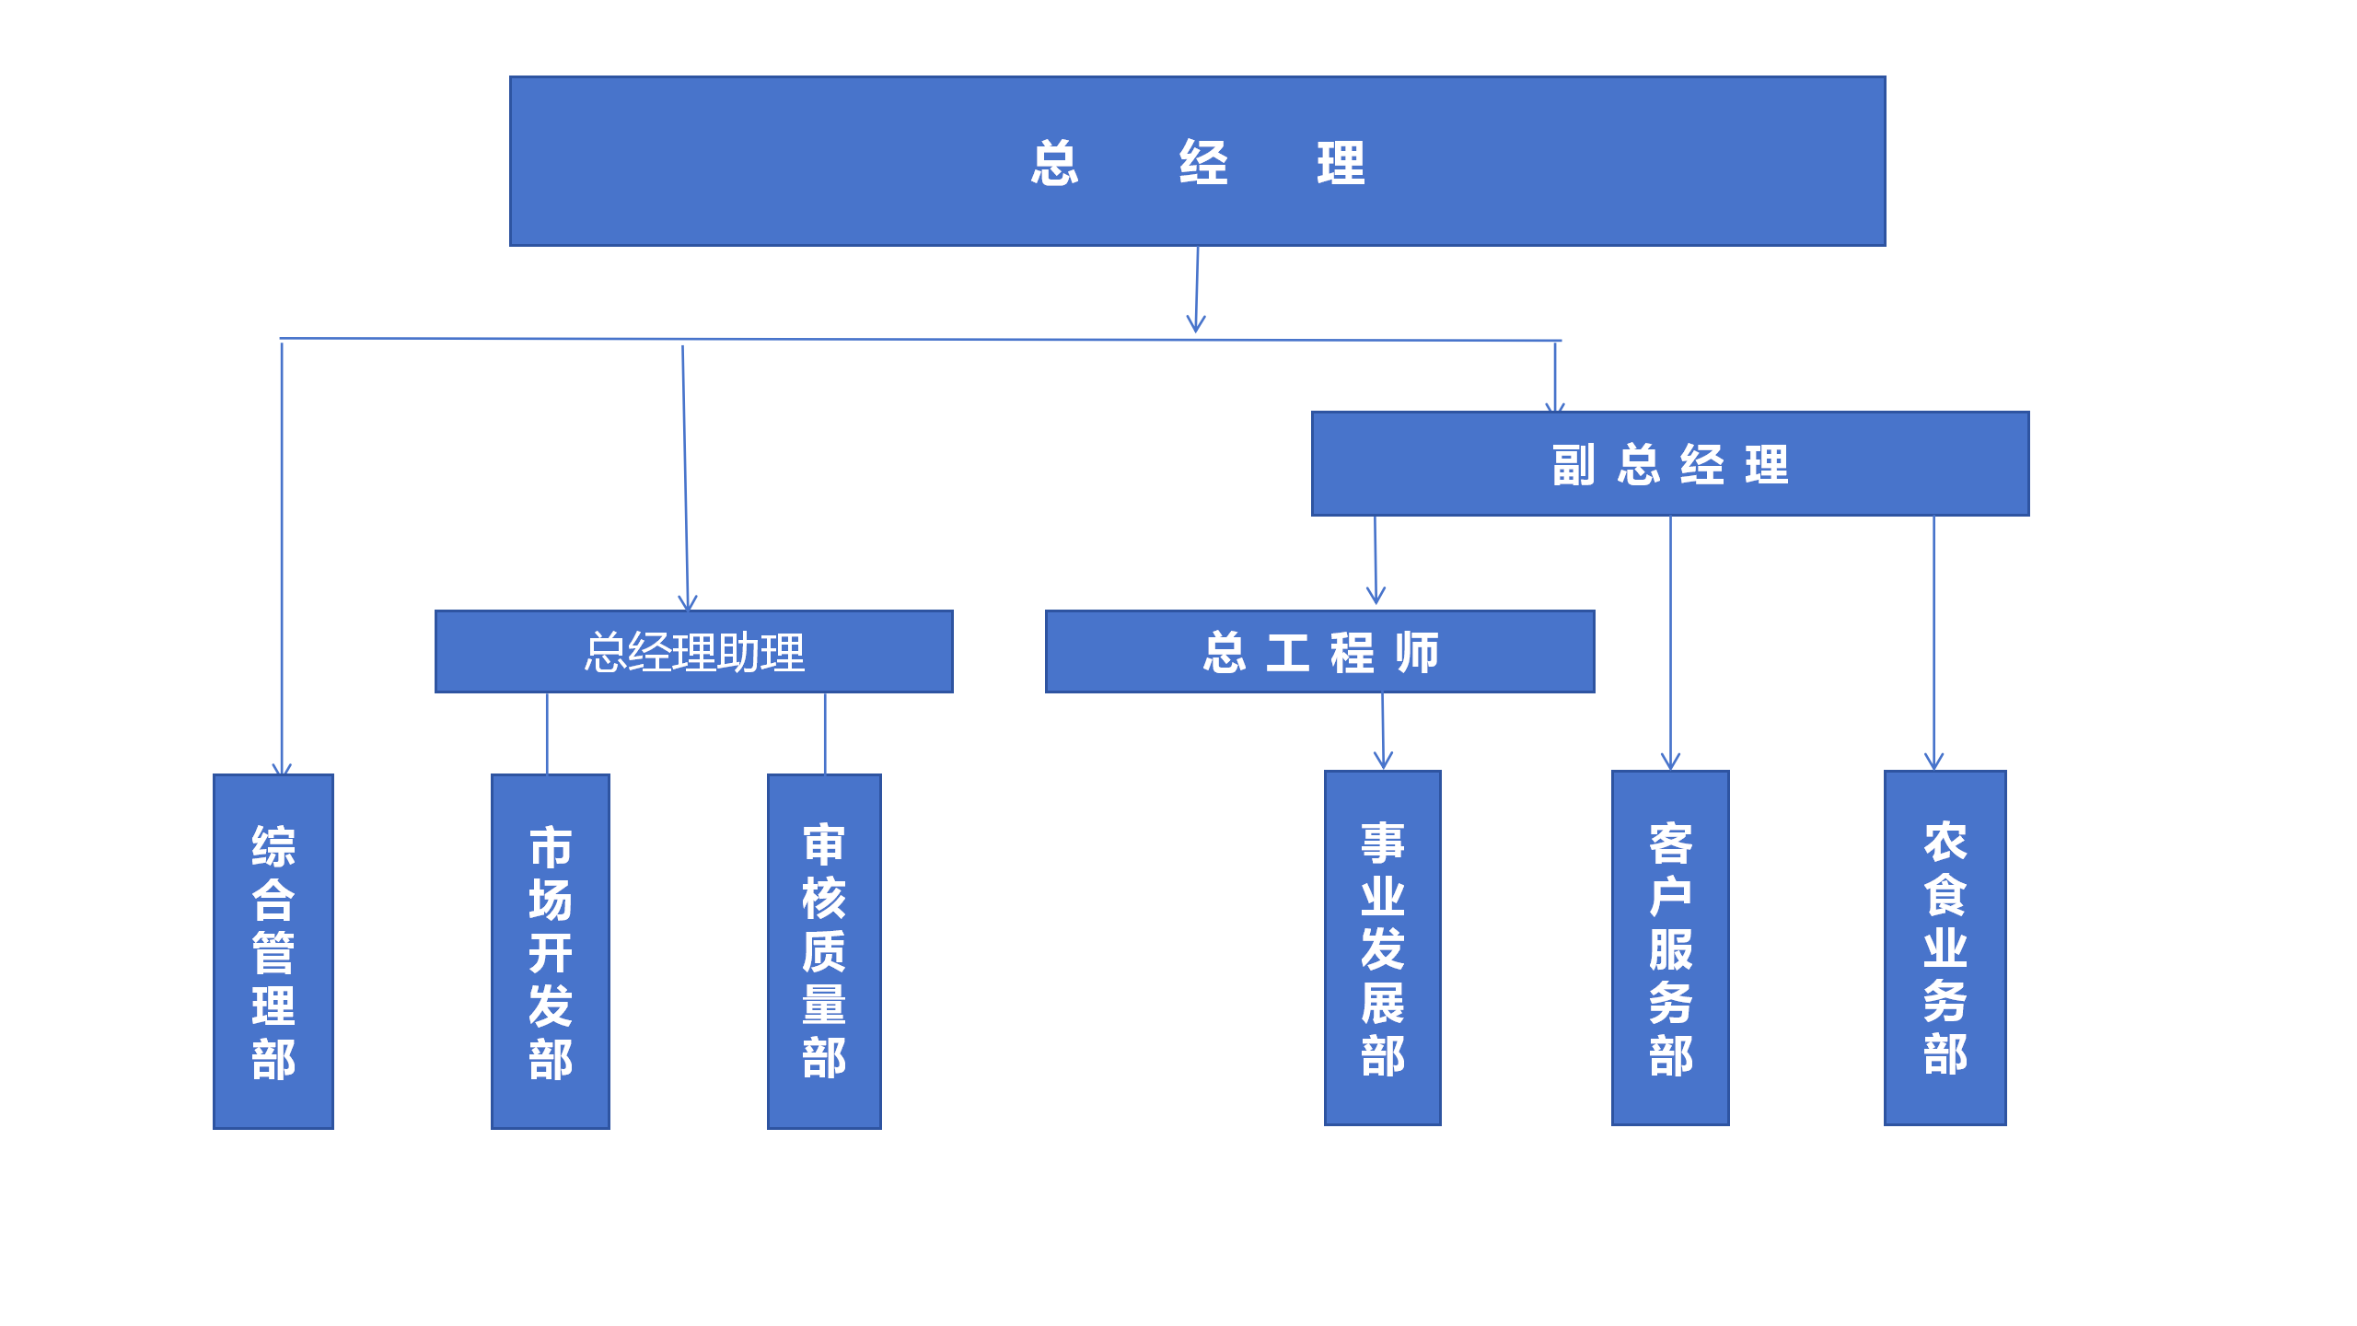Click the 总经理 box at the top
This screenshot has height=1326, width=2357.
click(x=1197, y=161)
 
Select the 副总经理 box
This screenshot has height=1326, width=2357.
click(x=1670, y=463)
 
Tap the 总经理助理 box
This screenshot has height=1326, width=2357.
click(x=693, y=651)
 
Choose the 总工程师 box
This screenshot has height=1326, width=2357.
click(x=1319, y=651)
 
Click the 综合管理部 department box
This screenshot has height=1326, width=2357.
click(x=273, y=951)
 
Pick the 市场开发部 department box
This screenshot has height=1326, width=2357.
click(x=551, y=951)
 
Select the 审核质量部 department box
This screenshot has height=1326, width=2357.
click(x=824, y=951)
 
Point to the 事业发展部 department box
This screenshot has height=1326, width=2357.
click(x=1382, y=948)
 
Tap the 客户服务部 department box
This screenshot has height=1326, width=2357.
click(x=1670, y=948)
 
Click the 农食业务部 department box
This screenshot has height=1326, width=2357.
click(x=1945, y=948)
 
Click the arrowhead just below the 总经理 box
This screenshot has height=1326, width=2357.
click(x=1196, y=324)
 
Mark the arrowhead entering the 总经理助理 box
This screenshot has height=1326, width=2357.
click(x=688, y=603)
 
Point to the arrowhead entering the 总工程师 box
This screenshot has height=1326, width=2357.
click(x=1376, y=597)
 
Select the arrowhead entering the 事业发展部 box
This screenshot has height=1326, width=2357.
click(x=1383, y=761)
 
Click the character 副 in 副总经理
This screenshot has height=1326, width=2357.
click(x=1573, y=465)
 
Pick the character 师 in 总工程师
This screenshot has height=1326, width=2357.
click(x=1416, y=653)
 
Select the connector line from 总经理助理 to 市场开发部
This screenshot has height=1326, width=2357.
click(x=547, y=733)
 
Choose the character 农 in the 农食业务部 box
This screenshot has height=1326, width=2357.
click(x=1945, y=842)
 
